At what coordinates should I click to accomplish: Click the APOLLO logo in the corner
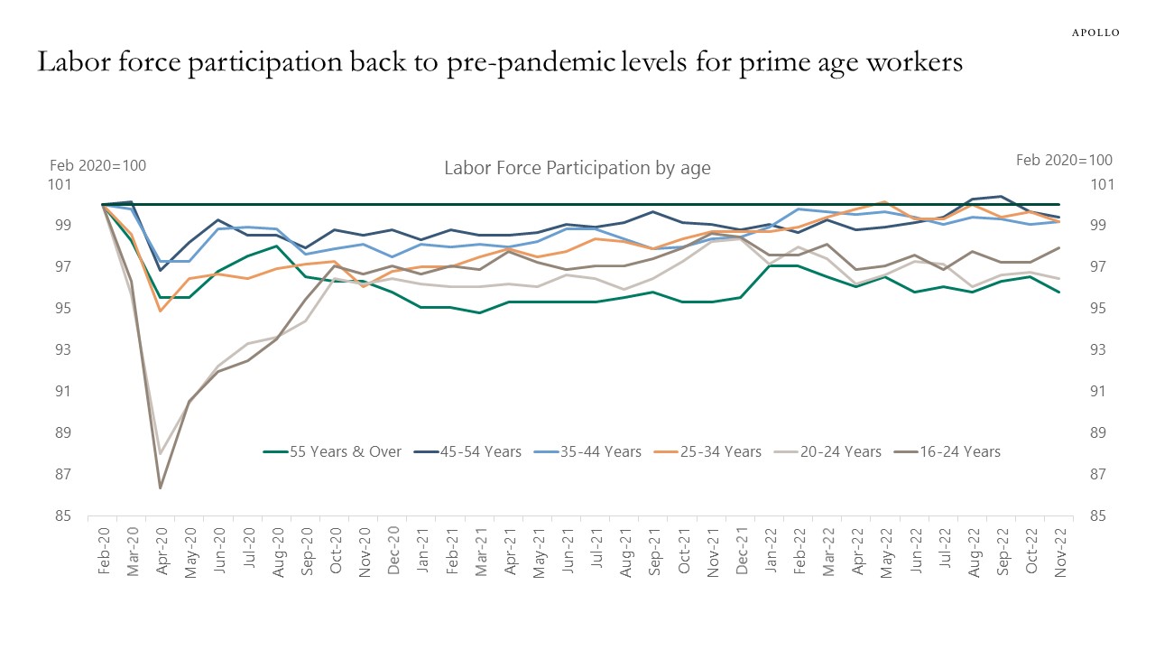click(1095, 32)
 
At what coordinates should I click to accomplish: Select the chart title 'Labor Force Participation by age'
click(577, 168)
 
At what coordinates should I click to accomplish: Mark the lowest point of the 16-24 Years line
click(161, 488)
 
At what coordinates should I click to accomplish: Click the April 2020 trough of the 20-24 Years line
click(161, 453)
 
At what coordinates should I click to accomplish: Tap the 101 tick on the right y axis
click(1103, 185)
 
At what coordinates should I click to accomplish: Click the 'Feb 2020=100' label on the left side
click(97, 165)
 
